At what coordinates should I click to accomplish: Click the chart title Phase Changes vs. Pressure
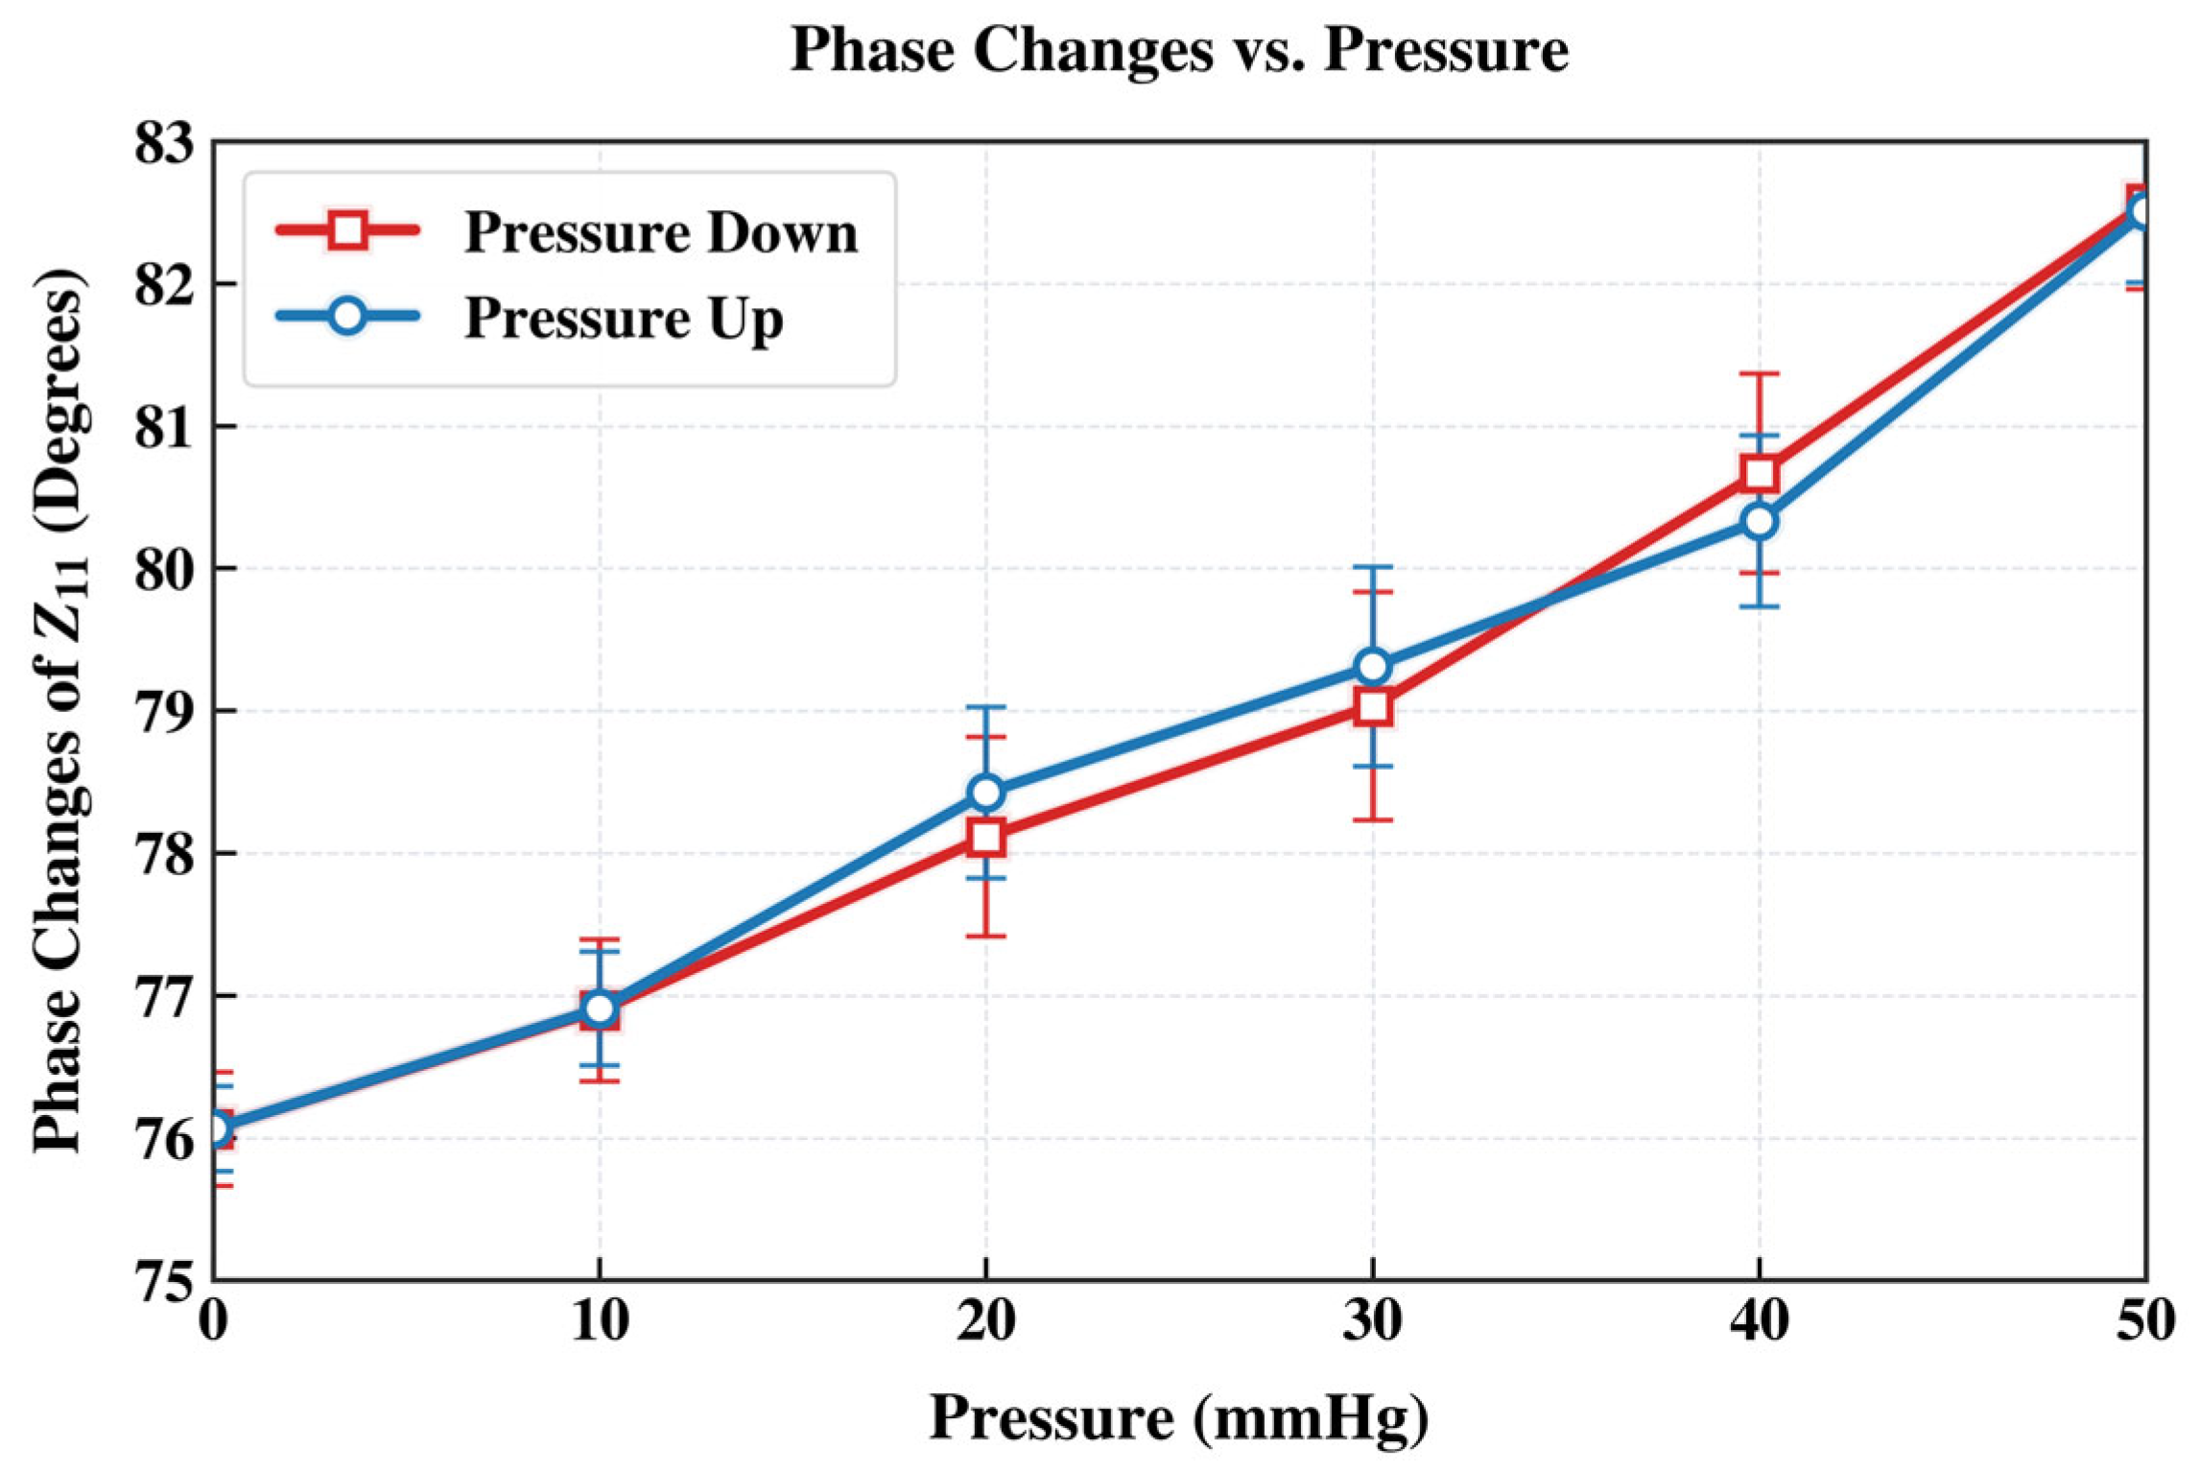[1179, 50]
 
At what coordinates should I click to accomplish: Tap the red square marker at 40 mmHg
[1759, 473]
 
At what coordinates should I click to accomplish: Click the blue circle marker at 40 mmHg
[1759, 521]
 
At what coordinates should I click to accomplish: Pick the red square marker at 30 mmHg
[1373, 707]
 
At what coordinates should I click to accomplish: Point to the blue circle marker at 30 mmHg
[1373, 666]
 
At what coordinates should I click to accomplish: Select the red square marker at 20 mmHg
[985, 837]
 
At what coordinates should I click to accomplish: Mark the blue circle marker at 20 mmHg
[985, 793]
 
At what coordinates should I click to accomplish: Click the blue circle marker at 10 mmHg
[600, 1009]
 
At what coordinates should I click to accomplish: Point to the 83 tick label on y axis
[163, 144]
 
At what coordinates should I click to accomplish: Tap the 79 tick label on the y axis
[163, 712]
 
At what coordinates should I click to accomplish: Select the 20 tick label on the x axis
[985, 1320]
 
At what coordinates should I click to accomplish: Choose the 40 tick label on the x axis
[1759, 1320]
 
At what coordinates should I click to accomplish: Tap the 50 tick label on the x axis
[2145, 1320]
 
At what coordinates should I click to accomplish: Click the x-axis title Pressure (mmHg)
[1179, 1416]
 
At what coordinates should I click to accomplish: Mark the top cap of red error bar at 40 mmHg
[1759, 373]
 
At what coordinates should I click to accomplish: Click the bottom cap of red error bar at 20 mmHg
[985, 936]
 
